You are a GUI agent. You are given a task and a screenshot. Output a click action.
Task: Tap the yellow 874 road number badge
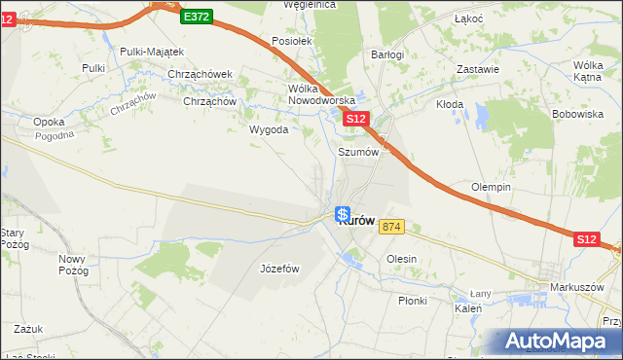(391, 227)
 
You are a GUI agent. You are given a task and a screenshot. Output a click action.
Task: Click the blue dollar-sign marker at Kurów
(343, 214)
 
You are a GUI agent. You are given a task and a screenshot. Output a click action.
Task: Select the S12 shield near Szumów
(356, 119)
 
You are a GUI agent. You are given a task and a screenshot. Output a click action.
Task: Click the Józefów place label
(279, 269)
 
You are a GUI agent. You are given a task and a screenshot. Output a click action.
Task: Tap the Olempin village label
(492, 187)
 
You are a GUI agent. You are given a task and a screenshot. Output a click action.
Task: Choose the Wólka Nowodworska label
(317, 93)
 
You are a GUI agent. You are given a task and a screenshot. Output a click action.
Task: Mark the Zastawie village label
(478, 69)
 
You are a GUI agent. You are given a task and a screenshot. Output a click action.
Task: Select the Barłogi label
(387, 54)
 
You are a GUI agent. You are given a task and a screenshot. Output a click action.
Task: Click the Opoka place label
(49, 122)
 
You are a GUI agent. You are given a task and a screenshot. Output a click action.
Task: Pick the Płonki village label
(412, 301)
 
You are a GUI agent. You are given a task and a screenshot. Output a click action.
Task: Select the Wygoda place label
(269, 129)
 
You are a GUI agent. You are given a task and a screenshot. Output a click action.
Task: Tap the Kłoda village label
(450, 104)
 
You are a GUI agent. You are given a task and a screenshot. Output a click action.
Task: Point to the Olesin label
(401, 259)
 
